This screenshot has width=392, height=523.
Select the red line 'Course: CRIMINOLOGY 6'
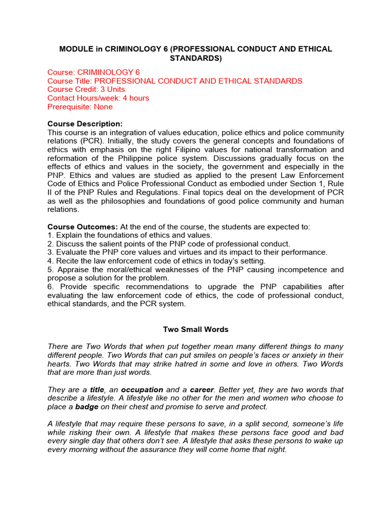tap(93, 73)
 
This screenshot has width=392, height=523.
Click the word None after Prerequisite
tap(103, 107)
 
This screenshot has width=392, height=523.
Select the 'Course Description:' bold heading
tap(85, 124)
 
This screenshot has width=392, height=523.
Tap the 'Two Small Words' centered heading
tap(195, 329)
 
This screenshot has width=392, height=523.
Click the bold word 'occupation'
tap(142, 389)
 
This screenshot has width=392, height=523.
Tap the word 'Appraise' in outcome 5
tap(72, 270)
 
